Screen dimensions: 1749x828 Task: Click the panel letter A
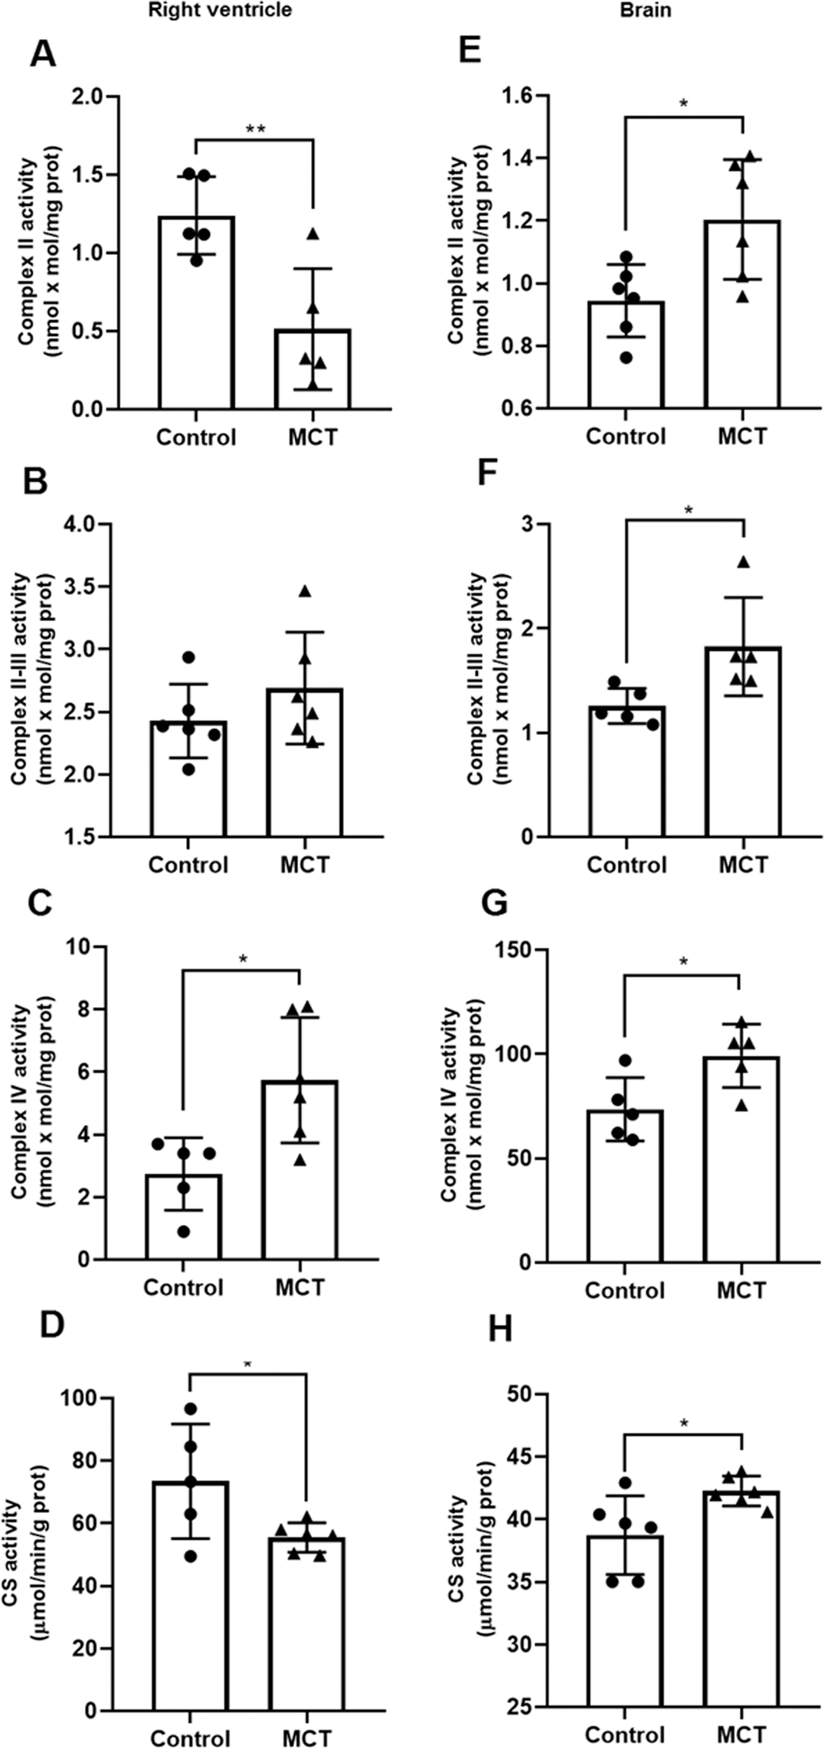[43, 54]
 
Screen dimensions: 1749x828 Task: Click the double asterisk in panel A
[255, 129]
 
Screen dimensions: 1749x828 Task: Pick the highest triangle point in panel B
[305, 590]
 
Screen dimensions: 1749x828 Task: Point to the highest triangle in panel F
[743, 563]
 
